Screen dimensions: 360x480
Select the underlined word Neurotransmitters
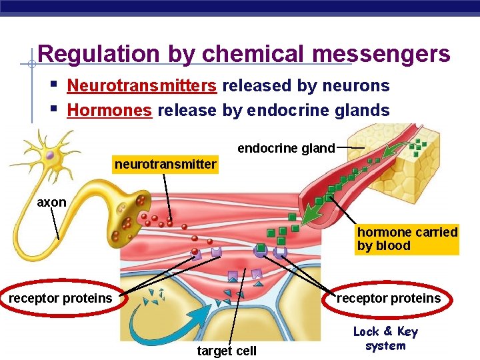pos(142,86)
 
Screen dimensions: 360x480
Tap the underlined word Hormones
pos(110,110)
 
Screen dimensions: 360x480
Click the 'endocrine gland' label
pos(286,148)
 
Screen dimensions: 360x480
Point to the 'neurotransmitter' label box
pos(166,164)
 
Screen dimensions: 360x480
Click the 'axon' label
pos(51,202)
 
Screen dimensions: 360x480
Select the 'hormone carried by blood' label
pos(407,239)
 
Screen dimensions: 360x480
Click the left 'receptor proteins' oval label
pos(61,298)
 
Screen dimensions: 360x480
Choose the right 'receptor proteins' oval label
pos(389,298)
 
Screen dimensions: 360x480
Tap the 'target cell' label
pos(227,351)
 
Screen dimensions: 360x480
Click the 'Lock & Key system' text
pos(385,339)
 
